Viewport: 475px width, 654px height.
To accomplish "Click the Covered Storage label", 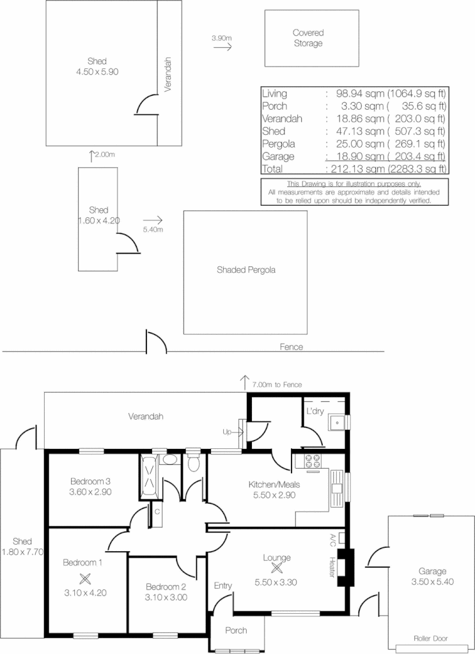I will (x=308, y=38).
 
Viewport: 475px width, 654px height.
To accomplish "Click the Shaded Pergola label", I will (x=245, y=270).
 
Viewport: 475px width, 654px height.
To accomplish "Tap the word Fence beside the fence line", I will (x=291, y=347).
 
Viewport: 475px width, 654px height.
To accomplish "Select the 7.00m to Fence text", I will (x=276, y=384).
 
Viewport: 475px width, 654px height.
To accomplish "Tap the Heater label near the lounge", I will (x=332, y=567).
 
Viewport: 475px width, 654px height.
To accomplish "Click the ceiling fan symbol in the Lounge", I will (x=277, y=568).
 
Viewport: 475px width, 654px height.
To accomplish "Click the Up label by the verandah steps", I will (x=227, y=432).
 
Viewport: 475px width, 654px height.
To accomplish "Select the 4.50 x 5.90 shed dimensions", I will (x=97, y=72).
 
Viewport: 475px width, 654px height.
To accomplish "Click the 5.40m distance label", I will (x=153, y=229).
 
